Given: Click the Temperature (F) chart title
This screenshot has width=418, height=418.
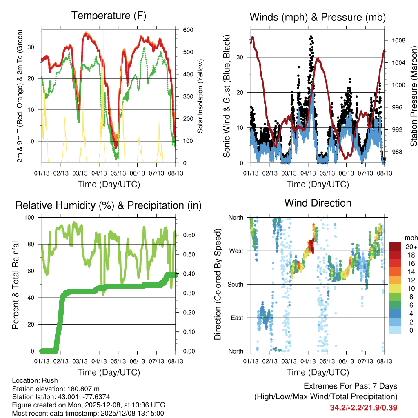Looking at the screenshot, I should click(109, 16).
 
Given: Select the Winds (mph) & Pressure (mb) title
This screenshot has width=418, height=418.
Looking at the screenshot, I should click(318, 17).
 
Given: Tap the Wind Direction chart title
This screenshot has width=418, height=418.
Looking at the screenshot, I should click(318, 202).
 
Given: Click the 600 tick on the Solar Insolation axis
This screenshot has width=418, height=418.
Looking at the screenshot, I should click(188, 30).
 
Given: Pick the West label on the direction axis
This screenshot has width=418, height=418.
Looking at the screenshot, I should click(236, 251).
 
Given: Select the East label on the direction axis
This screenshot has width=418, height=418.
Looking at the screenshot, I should click(237, 318).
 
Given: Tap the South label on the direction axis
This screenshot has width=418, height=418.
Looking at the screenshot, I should click(235, 284).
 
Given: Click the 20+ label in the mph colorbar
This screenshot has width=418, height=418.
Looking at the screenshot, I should click(410, 247).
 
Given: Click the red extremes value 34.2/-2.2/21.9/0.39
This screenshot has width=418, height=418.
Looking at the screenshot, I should click(363, 407).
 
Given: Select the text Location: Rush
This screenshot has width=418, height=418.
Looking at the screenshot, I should click(35, 380).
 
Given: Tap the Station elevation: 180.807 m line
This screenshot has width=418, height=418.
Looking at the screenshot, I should click(56, 389).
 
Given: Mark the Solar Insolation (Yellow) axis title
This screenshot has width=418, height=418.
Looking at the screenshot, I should click(200, 97).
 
